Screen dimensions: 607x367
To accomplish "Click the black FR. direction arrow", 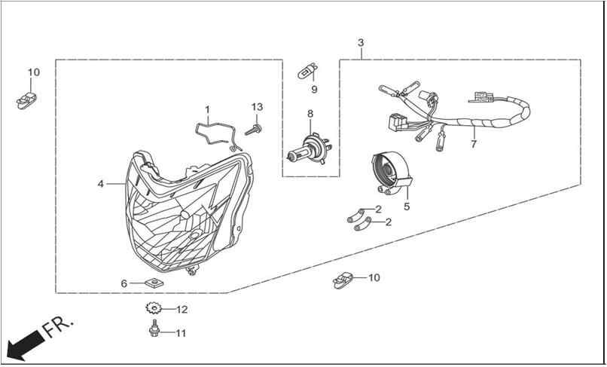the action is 26,345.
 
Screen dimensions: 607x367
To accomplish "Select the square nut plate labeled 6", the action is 154,283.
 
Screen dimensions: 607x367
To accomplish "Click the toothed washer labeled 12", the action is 154,308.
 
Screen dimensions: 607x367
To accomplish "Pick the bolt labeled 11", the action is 154,329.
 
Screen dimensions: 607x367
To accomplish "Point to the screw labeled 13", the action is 253,130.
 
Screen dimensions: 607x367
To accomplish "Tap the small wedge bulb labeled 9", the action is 308,72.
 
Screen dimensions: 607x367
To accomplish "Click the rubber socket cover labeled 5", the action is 391,172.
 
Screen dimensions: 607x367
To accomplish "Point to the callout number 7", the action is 474,144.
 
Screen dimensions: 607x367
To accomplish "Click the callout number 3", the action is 361,43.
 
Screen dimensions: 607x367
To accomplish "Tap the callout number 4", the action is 101,184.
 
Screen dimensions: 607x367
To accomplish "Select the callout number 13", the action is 257,107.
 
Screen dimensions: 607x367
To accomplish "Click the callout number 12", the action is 182,310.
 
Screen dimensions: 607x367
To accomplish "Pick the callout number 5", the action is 407,206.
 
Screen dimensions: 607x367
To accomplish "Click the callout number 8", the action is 310,114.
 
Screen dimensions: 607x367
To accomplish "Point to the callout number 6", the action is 124,283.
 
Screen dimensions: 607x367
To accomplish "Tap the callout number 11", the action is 181,333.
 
